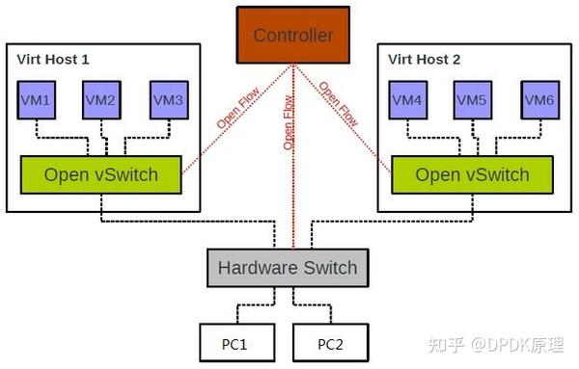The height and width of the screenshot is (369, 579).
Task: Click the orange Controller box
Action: pos(292,36)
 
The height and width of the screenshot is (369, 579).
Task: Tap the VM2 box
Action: pos(101,99)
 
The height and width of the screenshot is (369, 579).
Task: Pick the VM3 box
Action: pos(168,99)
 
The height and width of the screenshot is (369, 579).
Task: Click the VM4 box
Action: pos(409,99)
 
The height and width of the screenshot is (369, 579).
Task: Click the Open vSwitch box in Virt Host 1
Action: pos(101,174)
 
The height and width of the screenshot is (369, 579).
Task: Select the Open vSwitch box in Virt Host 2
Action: pos(472,174)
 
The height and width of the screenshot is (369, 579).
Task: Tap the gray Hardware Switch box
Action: pos(288,267)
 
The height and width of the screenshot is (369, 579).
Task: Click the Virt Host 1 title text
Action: pos(53,60)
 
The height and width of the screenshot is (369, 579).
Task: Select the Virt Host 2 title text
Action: pos(424,60)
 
